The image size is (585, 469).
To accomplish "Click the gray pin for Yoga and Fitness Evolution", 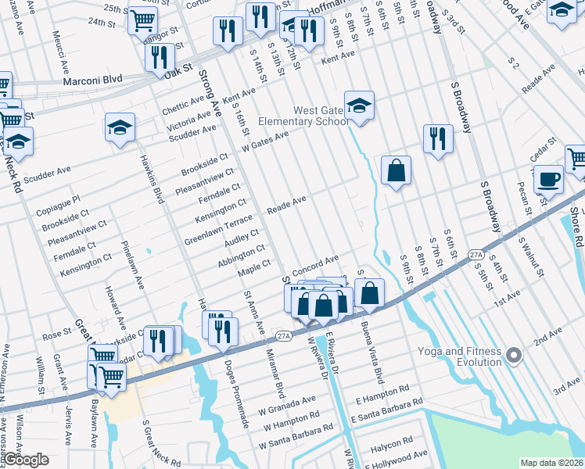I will (513, 356).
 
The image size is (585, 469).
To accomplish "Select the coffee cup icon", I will (548, 179).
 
